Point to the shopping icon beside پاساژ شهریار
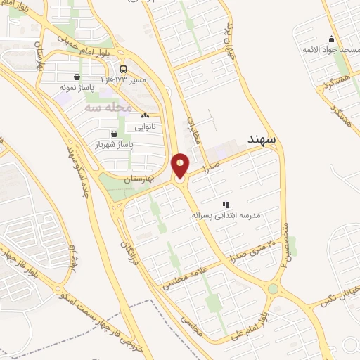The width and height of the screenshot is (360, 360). (114, 133)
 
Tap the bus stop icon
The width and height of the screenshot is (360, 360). (124, 70)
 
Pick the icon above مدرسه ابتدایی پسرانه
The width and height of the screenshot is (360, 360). (225, 205)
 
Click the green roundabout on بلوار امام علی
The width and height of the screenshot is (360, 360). (273, 289)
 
